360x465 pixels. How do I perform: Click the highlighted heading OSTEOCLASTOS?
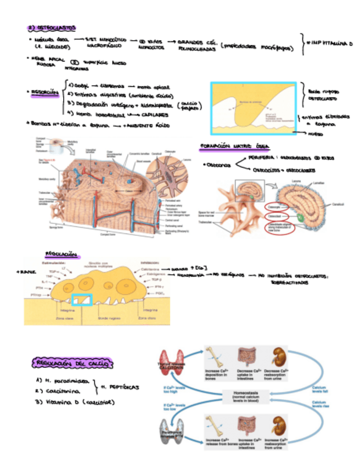(x=53, y=27)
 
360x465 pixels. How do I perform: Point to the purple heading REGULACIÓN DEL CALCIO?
(x=72, y=362)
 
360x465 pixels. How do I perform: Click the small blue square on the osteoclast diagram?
(x=82, y=299)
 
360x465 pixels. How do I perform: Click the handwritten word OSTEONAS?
(x=219, y=165)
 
